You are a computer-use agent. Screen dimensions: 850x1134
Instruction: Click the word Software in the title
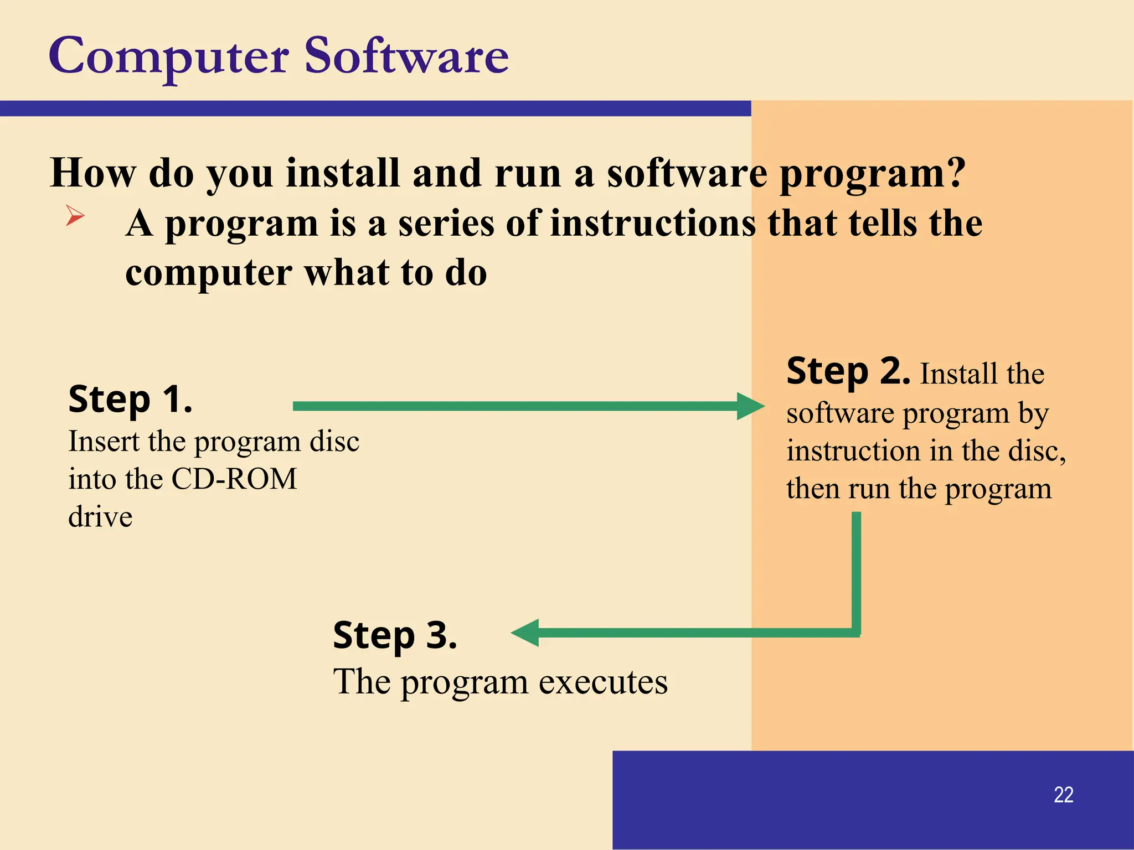click(x=406, y=56)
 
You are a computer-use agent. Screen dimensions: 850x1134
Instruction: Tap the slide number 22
click(x=1063, y=795)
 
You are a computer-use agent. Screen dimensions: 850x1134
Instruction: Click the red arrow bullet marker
click(x=75, y=215)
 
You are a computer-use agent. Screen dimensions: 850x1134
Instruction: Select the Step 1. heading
click(x=130, y=400)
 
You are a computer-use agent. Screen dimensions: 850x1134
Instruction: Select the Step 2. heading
click(x=848, y=371)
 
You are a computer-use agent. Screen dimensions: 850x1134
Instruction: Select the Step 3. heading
click(x=395, y=635)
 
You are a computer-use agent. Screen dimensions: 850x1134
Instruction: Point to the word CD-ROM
click(x=234, y=479)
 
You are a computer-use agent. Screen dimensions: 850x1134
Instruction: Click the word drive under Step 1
click(x=100, y=517)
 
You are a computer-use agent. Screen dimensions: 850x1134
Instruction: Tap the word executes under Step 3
click(x=603, y=682)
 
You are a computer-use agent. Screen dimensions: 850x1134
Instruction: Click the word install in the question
click(x=342, y=173)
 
